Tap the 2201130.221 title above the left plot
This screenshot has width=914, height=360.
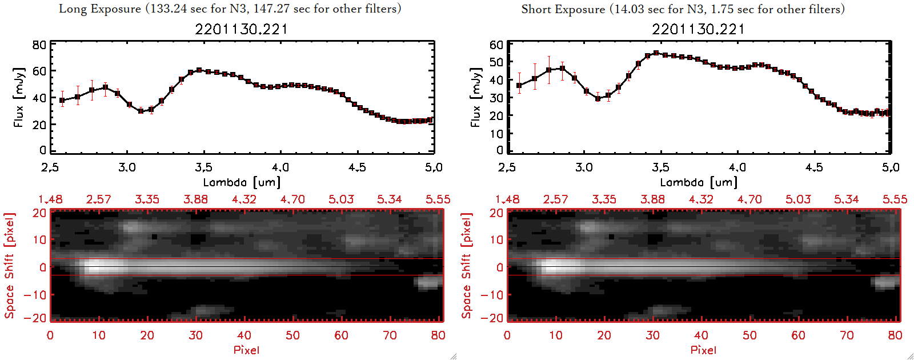[241, 29]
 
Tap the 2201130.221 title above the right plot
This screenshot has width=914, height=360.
[698, 29]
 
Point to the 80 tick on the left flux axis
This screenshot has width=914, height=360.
[39, 45]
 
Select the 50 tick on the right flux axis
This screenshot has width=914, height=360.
[496, 62]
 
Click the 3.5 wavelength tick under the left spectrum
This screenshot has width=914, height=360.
[203, 167]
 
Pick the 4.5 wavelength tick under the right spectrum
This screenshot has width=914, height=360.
[814, 167]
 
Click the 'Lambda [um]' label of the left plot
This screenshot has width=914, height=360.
[242, 182]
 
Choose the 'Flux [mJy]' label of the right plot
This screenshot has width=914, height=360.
[475, 97]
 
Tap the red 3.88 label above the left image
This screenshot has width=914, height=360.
[195, 199]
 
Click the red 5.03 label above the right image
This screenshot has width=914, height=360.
[798, 199]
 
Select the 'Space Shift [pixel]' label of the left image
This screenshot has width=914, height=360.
[9, 266]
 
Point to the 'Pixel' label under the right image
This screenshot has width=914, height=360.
[703, 350]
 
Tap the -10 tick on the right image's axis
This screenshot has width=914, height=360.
[492, 294]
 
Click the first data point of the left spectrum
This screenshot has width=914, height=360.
[62, 101]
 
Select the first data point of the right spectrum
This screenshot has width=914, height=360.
[519, 86]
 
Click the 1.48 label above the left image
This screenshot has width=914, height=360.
[50, 199]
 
